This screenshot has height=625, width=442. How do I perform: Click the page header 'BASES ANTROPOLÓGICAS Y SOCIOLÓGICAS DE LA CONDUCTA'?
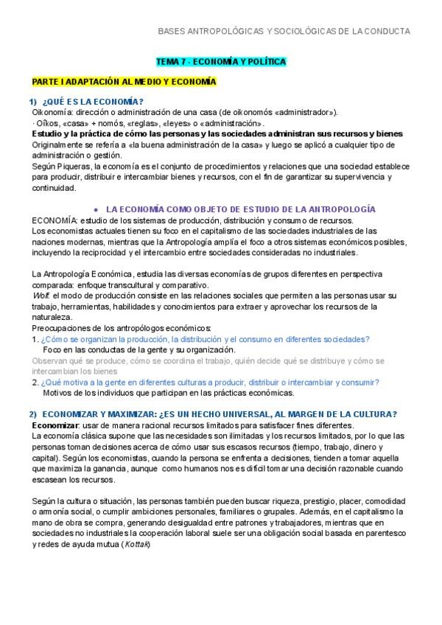(284, 31)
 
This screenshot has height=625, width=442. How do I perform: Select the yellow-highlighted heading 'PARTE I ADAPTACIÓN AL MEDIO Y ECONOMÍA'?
(124, 81)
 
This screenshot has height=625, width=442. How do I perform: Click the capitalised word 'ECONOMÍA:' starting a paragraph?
(55, 220)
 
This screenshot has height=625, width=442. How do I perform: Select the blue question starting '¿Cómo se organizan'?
(206, 339)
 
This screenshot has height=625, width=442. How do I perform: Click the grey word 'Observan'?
(50, 361)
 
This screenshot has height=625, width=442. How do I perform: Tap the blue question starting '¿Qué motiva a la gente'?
(210, 382)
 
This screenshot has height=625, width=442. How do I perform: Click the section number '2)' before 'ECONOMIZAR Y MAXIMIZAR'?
(33, 413)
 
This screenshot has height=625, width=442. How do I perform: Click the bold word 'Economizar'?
(56, 425)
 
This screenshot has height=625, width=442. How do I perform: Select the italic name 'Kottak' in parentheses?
(138, 544)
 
